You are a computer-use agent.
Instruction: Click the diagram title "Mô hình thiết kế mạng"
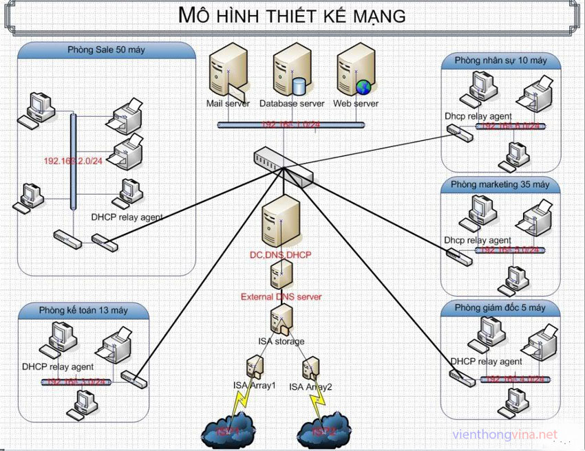point(292,15)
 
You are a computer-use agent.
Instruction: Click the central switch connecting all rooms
point(282,165)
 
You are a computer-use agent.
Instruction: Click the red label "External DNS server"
point(281,297)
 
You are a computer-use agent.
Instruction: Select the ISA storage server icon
point(281,319)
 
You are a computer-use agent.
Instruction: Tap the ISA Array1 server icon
point(254,366)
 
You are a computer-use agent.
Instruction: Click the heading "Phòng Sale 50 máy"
point(106,50)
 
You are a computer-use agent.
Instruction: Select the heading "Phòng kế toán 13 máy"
point(83,311)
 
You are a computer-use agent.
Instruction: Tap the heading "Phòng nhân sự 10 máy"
point(500,60)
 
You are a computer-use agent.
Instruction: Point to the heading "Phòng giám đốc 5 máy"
point(500,307)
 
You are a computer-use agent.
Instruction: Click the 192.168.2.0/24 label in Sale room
point(73,161)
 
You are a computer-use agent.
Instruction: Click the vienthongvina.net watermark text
point(505,434)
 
